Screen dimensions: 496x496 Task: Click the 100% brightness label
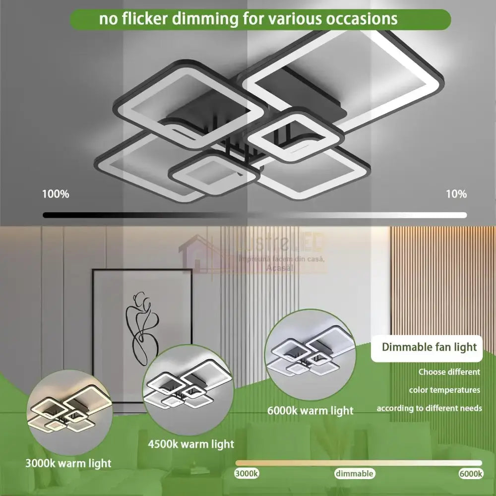[x=56, y=194]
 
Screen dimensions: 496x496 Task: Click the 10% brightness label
[x=456, y=194]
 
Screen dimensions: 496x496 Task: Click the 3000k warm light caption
[x=68, y=464]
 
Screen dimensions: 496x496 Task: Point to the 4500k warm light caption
[x=191, y=443]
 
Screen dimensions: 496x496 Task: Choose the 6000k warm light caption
[x=310, y=411]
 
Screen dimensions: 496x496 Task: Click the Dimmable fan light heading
[x=429, y=347]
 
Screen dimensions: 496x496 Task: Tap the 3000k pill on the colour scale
[x=247, y=474]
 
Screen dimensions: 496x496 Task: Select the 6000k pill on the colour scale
[x=471, y=474]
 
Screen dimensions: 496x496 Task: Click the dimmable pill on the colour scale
[x=354, y=474]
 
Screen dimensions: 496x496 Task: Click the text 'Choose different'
[x=449, y=372]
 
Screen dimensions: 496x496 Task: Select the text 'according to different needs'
[x=429, y=408]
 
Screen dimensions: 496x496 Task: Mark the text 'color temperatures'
[x=444, y=390]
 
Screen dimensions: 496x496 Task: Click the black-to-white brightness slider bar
[x=254, y=215]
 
